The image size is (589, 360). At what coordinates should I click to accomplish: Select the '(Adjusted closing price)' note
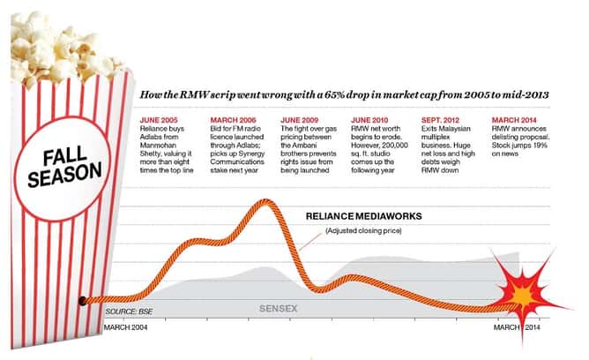click(362, 231)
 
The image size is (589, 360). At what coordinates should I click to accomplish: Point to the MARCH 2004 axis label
click(128, 327)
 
